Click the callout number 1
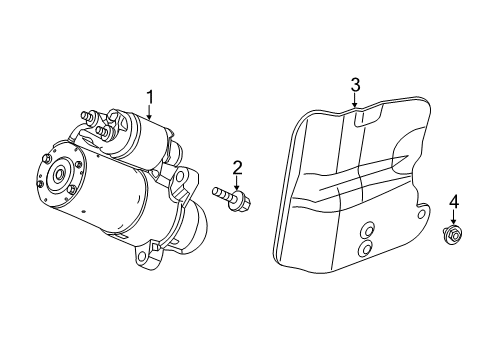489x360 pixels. pyautogui.click(x=150, y=96)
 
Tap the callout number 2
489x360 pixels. pyautogui.click(x=237, y=166)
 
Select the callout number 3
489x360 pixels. pyautogui.click(x=354, y=85)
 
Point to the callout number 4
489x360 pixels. pyautogui.click(x=454, y=204)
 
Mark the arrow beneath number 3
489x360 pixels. pyautogui.click(x=354, y=100)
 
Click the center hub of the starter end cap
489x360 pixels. pyautogui.click(x=60, y=174)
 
